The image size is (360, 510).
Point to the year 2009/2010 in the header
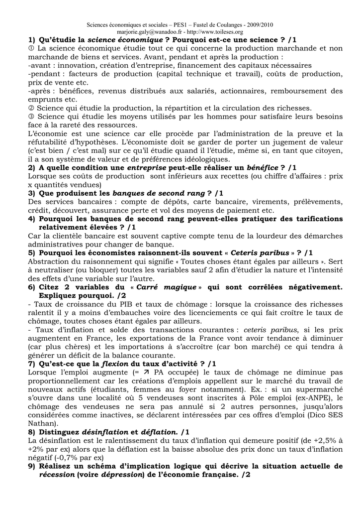[x=258, y=24]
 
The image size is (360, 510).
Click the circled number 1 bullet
[x=32, y=48]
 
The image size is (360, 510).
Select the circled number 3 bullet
[x=32, y=117]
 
